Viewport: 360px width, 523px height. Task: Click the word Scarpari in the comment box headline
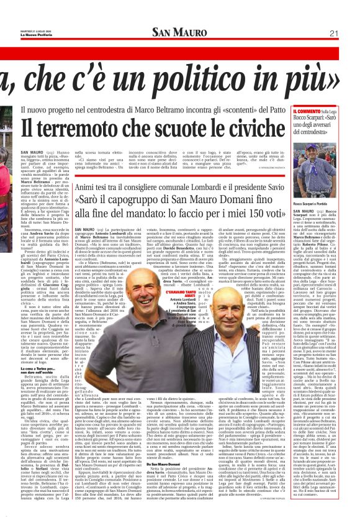[313, 119]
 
